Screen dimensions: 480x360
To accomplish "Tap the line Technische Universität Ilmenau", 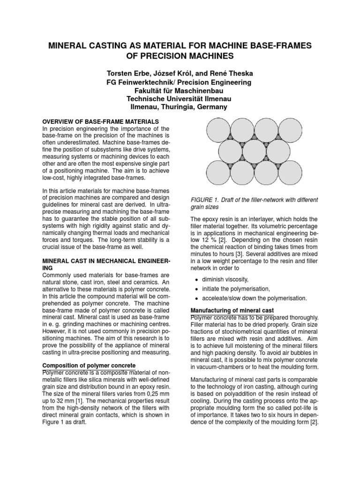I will coord(180,98).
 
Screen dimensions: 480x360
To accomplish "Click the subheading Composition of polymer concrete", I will coord(90,365).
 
